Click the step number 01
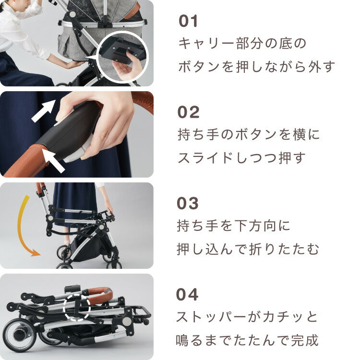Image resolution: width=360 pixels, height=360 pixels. click(188, 22)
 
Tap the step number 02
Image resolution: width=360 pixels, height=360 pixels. click(188, 112)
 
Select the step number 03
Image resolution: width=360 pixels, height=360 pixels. click(188, 204)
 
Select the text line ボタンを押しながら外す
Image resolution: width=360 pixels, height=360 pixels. click(256, 67)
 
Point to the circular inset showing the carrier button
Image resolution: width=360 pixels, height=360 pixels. click(122, 58)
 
